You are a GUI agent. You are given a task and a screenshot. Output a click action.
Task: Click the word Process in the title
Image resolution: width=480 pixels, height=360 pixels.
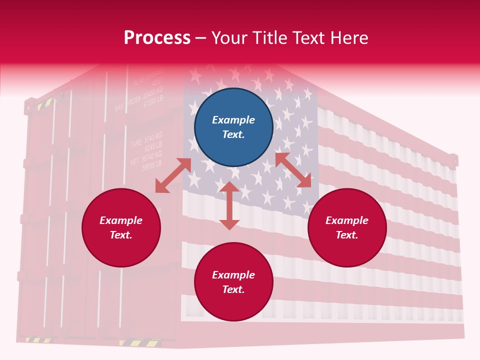pos(157,38)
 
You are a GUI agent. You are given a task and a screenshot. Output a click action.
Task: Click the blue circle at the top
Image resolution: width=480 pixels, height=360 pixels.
pos(233,127)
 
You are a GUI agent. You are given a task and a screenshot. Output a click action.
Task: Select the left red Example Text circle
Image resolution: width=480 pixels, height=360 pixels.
pos(121,228)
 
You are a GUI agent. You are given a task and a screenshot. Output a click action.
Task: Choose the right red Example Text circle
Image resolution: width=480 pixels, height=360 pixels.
pos(347,228)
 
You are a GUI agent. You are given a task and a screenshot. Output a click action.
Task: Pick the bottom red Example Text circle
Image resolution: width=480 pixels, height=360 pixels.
pos(233,282)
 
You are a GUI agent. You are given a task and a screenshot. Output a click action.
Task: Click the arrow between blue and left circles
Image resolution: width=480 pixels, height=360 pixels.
pos(173,175)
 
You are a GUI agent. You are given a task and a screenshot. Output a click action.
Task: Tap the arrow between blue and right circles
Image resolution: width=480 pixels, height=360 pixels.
pos(293,170)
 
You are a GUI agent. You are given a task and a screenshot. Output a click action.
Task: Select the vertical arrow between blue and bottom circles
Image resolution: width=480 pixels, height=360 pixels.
pos(229,205)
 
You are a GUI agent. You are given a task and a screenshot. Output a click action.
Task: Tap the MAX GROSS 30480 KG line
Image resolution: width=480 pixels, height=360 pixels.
pos(139,99)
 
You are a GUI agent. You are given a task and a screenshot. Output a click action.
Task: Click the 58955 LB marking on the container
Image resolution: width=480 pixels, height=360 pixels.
pos(151,165)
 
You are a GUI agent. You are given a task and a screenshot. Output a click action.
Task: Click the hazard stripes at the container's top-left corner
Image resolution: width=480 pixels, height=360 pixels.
pos(44,103)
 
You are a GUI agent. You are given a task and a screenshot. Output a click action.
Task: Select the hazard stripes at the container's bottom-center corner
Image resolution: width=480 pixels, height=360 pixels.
pos(140,343)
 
